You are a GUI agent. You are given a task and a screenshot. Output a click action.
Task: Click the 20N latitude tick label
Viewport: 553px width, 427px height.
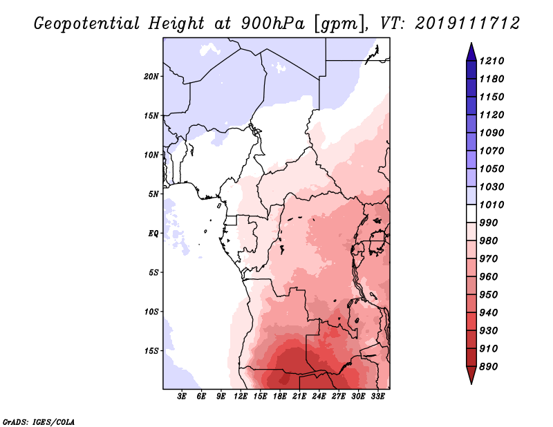tap(151, 76)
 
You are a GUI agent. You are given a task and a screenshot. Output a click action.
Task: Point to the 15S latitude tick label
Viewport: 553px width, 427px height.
tap(151, 350)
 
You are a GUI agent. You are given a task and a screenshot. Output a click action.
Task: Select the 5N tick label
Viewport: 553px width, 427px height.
tap(153, 193)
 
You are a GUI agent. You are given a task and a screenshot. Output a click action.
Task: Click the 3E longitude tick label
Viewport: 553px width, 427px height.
tap(182, 397)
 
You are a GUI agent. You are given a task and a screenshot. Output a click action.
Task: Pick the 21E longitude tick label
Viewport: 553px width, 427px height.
tap(299, 397)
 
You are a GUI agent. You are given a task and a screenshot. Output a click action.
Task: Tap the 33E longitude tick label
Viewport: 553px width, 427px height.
tap(377, 397)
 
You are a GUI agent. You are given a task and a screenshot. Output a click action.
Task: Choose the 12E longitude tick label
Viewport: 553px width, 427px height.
tap(241, 397)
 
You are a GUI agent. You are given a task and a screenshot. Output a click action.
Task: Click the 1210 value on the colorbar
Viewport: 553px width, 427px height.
tap(494, 61)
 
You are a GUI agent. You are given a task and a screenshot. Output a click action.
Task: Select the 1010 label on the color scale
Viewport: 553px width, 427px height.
tap(494, 205)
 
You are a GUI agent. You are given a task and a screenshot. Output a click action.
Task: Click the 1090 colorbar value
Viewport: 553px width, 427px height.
tap(494, 133)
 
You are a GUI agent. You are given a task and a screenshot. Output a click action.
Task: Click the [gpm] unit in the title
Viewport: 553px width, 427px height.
tap(338, 23)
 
